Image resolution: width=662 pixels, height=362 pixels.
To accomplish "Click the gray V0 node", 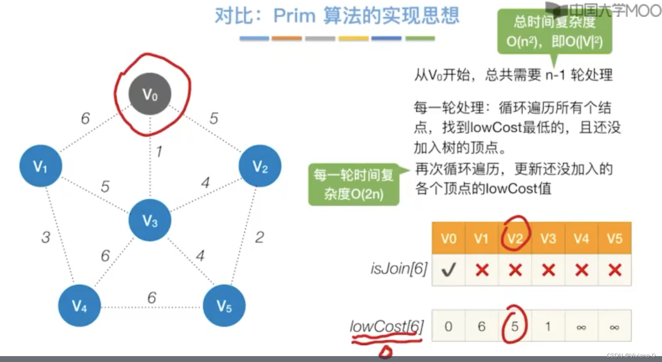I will pyautogui.click(x=150, y=94).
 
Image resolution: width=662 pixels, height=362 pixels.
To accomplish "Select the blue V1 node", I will pyautogui.click(x=41, y=166).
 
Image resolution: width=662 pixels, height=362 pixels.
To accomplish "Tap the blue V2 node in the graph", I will pyautogui.click(x=260, y=166).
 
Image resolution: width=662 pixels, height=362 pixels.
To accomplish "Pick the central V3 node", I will pyautogui.click(x=150, y=220).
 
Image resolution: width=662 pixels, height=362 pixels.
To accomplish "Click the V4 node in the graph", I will pyautogui.click(x=79, y=305).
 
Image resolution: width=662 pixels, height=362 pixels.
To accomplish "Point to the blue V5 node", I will pyautogui.click(x=224, y=305).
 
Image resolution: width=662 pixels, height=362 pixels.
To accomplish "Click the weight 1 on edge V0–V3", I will pyautogui.click(x=159, y=151).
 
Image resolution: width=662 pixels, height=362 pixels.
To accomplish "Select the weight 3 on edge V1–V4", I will pyautogui.click(x=46, y=237).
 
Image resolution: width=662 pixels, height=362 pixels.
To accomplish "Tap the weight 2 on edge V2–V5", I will pyautogui.click(x=260, y=237).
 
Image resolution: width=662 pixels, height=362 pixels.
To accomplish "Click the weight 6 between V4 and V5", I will pyautogui.click(x=151, y=298).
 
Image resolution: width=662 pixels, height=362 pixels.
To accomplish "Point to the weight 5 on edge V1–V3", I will pyautogui.click(x=105, y=186).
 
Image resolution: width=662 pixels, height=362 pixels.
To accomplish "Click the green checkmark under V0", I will pyautogui.click(x=448, y=270).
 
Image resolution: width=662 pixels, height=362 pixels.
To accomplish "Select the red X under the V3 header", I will pyautogui.click(x=548, y=270).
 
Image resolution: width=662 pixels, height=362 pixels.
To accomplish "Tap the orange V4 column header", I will pyautogui.click(x=581, y=239).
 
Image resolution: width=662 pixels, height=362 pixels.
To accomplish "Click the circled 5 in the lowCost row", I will pyautogui.click(x=515, y=326).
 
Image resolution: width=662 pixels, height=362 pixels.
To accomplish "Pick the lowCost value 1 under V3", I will pyautogui.click(x=548, y=326).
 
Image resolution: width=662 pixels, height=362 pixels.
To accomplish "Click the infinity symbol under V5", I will pyautogui.click(x=614, y=327).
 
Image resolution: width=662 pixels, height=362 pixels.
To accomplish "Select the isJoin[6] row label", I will pyautogui.click(x=399, y=268).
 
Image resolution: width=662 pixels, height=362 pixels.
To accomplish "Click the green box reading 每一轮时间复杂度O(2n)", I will pyautogui.click(x=354, y=184).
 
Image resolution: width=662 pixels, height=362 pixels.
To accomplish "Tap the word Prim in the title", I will pyautogui.click(x=294, y=16).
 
